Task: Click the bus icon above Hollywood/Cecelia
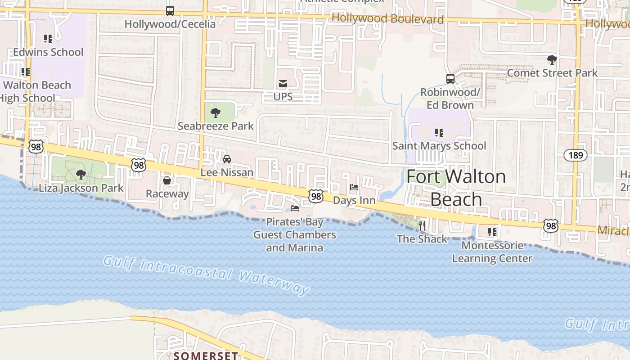170,10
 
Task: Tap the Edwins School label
48,52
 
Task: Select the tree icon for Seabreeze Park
216,112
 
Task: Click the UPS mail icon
283,83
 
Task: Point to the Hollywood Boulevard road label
387,19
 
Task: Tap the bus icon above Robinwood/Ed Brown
450,78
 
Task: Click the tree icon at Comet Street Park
552,59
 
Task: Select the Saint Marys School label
439,146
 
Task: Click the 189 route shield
576,155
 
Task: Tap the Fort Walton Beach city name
456,188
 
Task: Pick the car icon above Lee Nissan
227,159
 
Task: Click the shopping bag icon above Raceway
167,180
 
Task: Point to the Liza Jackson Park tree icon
81,174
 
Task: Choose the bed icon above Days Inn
354,187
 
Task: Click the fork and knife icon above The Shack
422,225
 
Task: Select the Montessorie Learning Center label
492,252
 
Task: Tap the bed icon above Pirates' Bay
295,208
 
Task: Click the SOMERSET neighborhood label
206,356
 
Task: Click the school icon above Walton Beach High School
26,72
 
